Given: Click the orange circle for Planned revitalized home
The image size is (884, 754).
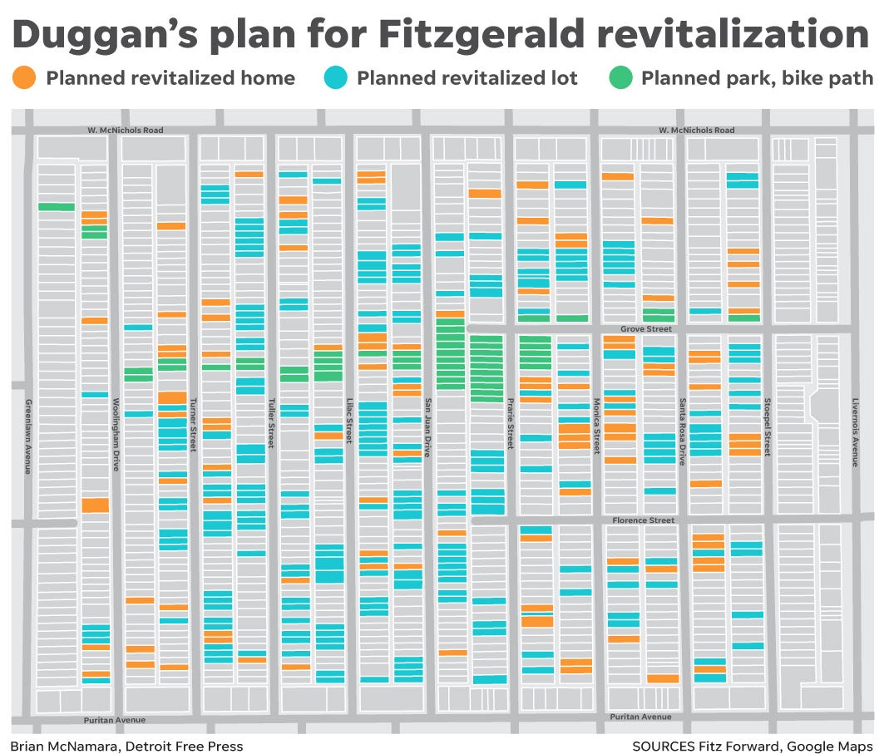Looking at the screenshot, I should pos(24,79).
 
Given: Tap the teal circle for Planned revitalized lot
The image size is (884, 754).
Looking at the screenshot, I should pos(334,79).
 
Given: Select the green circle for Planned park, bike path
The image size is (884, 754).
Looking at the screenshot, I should pos(620,79).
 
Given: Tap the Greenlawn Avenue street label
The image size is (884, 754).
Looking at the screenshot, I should pos(27,436).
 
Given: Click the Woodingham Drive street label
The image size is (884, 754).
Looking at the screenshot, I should pos(116,434).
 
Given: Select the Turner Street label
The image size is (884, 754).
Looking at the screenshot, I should pos(192,424).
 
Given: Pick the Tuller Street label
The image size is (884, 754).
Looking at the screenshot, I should pos(270,423).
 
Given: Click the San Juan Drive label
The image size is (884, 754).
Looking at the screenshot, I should pos(428,426).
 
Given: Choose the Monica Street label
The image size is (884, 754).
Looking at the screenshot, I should pos(595,425).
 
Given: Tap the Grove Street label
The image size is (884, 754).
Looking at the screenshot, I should pos(645,329).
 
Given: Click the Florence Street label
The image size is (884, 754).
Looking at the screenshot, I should pos(643,520).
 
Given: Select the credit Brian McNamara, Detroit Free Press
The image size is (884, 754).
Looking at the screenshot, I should pos(126,747).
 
